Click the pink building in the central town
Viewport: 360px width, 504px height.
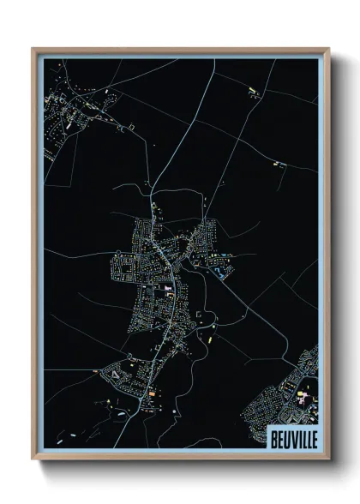[x=169, y=296]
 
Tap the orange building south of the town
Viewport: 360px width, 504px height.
[x=153, y=393]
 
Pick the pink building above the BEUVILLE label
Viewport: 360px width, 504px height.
[x=301, y=397]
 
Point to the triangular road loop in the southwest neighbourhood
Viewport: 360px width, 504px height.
[x=113, y=372]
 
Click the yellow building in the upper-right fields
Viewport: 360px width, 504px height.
[x=252, y=88]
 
